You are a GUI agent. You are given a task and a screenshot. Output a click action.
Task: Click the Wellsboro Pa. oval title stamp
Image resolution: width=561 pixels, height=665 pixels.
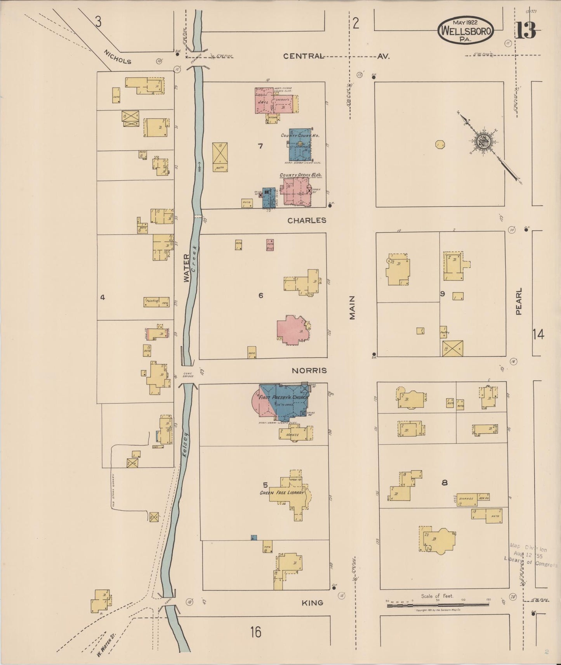[x=465, y=30]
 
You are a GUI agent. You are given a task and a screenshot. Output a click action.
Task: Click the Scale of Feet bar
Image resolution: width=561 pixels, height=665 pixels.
[x=438, y=604]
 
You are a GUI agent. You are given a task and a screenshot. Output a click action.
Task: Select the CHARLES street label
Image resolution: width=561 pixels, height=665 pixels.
[x=307, y=220]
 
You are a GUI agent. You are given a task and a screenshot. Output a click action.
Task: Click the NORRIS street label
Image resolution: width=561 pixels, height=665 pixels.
[x=309, y=371]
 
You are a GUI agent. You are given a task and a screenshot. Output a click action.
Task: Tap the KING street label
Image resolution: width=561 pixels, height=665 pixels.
[x=313, y=603]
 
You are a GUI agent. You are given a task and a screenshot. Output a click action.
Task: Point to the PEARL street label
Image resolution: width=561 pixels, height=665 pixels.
[x=519, y=301]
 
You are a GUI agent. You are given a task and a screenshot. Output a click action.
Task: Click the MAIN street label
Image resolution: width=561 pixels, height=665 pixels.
[x=353, y=308]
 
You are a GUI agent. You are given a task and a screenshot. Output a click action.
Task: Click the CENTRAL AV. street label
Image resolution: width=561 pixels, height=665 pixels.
[x=336, y=56]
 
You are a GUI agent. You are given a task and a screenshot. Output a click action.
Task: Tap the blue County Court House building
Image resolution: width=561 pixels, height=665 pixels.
[x=300, y=144]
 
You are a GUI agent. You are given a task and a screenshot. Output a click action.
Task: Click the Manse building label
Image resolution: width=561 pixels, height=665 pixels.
[x=292, y=435]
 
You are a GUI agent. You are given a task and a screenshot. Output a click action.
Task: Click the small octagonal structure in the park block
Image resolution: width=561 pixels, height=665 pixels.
[x=440, y=145]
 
